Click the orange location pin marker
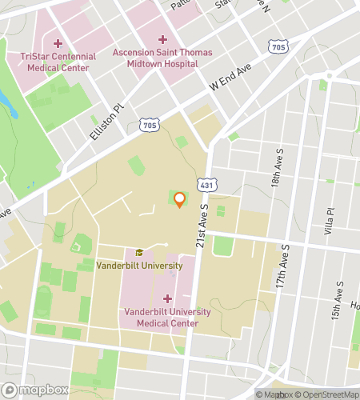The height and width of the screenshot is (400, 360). (x=179, y=199)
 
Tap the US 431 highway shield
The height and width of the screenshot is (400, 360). (x=206, y=185)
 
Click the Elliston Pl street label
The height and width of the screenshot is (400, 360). (x=107, y=124)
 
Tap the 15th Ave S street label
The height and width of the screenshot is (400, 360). (x=340, y=297)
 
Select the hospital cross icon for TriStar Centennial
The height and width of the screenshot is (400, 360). (x=57, y=43)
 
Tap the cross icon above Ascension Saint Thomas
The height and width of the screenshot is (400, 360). (x=162, y=38)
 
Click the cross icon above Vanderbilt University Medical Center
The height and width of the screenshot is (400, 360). (x=166, y=298)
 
